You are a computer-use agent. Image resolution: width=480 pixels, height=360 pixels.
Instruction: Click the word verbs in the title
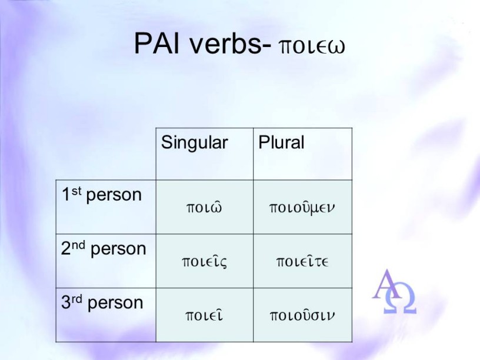click(226, 43)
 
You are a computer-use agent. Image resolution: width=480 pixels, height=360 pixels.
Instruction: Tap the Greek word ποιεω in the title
click(312, 46)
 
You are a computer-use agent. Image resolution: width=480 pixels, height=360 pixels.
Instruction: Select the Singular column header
click(194, 143)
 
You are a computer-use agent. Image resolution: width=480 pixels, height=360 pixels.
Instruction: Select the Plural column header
click(281, 142)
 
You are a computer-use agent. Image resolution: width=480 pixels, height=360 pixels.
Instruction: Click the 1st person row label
click(102, 195)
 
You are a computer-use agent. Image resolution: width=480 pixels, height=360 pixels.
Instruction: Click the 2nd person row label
click(104, 249)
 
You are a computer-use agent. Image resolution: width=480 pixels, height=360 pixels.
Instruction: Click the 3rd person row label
click(102, 302)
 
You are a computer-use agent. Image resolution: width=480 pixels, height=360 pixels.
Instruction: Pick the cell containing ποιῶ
click(204, 207)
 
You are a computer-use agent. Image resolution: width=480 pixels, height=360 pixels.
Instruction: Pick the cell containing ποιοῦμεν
click(302, 208)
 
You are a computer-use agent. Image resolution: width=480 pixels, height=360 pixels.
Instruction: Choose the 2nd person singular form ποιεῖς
click(205, 261)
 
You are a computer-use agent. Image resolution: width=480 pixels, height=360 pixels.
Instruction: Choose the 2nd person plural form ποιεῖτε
click(302, 261)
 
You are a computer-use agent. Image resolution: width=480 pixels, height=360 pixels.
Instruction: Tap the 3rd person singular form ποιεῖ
click(204, 315)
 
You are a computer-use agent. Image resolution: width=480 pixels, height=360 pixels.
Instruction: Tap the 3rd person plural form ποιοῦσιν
click(302, 315)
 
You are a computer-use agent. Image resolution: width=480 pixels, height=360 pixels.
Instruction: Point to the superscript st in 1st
click(76, 191)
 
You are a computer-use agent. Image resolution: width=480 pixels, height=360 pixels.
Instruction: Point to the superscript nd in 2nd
click(79, 245)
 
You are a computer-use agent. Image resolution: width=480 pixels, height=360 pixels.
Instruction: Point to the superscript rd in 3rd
click(77, 299)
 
